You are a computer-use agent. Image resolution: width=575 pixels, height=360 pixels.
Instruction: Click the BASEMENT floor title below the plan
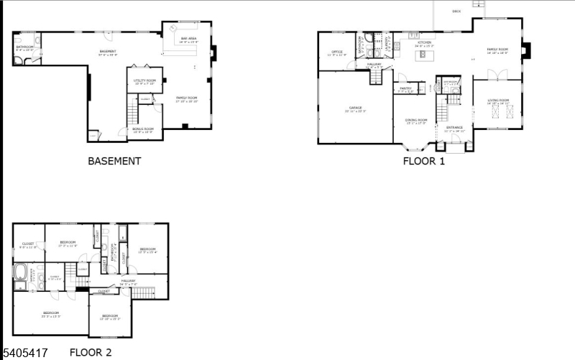coord(114,161)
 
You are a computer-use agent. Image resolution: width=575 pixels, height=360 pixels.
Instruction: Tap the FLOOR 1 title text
coord(423,161)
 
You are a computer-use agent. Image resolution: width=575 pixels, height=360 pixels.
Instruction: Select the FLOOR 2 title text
coord(91,353)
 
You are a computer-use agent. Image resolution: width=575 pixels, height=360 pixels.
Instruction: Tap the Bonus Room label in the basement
coord(143,130)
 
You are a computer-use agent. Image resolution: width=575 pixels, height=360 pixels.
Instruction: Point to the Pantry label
coord(405,90)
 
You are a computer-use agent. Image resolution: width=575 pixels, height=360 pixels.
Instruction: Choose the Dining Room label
coord(416,121)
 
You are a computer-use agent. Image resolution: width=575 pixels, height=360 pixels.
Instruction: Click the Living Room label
coord(497,101)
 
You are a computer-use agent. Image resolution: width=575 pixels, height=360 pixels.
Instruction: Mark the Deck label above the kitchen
coord(456,11)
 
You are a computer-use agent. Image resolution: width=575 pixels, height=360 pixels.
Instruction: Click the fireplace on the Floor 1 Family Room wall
coord(527,50)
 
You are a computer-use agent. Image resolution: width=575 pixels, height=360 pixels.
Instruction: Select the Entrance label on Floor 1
coord(454,129)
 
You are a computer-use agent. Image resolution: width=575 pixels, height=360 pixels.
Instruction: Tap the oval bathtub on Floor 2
coord(21,273)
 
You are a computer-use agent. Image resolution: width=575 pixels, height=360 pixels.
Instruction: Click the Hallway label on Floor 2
coord(128,282)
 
